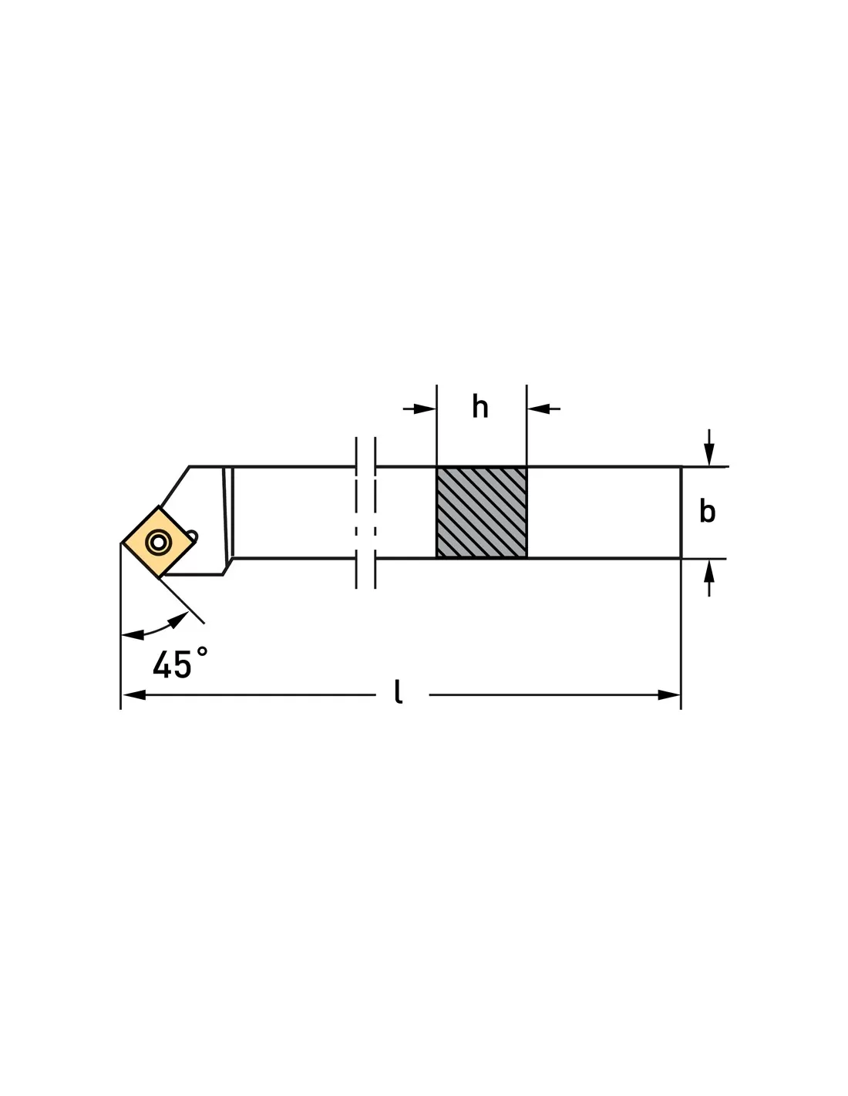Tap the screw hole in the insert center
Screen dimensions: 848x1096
tap(159, 543)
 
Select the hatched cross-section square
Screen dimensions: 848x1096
tap(481, 513)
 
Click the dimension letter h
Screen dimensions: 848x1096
tap(480, 407)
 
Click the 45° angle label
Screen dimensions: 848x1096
tap(179, 661)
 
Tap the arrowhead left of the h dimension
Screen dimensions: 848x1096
tap(425, 408)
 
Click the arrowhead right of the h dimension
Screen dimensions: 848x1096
tap(538, 408)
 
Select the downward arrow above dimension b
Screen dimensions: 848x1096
tap(708, 455)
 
